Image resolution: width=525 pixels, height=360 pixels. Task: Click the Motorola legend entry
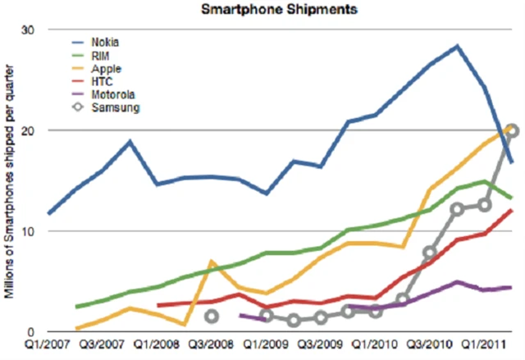click(113, 93)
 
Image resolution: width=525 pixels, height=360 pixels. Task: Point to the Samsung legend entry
click(113, 107)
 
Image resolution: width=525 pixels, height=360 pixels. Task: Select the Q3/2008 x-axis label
click(211, 347)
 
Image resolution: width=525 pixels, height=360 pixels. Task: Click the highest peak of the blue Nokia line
click(457, 46)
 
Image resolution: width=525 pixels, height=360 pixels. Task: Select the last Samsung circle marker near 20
click(511, 130)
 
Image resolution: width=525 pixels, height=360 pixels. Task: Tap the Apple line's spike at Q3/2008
click(212, 262)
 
